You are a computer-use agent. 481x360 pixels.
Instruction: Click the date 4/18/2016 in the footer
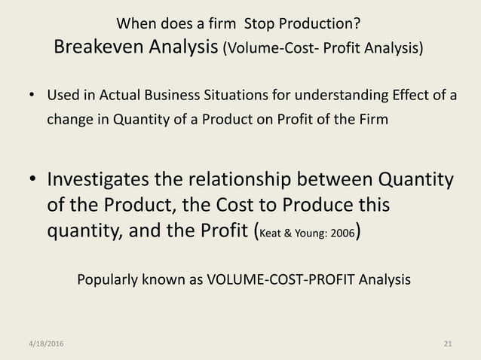pos(41,344)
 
